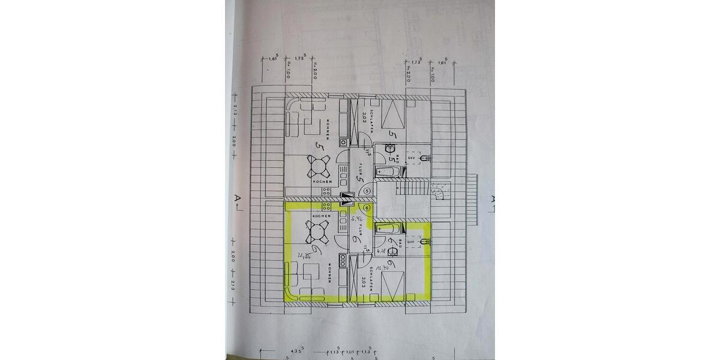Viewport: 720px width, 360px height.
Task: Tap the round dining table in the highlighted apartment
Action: tap(316, 230)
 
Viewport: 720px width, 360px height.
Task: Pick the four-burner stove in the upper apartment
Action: tap(328, 191)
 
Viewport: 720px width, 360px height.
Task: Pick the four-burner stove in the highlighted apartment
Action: tap(328, 205)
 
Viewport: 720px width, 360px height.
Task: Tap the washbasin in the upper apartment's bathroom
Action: tap(380, 149)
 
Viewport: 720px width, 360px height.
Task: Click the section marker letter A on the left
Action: tap(238, 197)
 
